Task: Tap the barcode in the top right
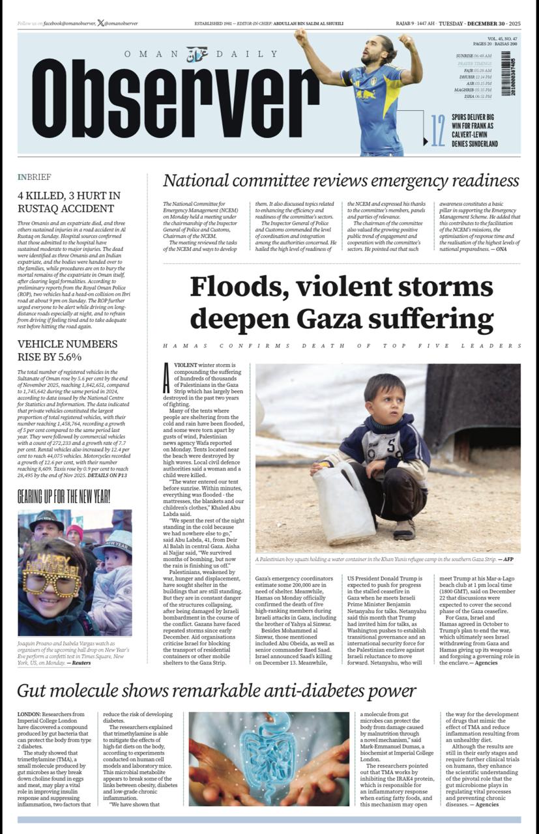[506, 74]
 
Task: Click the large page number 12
[438, 130]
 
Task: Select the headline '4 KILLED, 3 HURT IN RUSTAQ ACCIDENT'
[69, 202]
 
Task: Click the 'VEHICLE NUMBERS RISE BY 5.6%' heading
[68, 350]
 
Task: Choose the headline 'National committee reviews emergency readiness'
[341, 180]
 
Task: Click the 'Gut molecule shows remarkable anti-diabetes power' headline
[216, 691]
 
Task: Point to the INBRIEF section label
[34, 177]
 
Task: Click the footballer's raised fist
[300, 33]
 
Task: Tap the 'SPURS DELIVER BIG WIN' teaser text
[474, 130]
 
